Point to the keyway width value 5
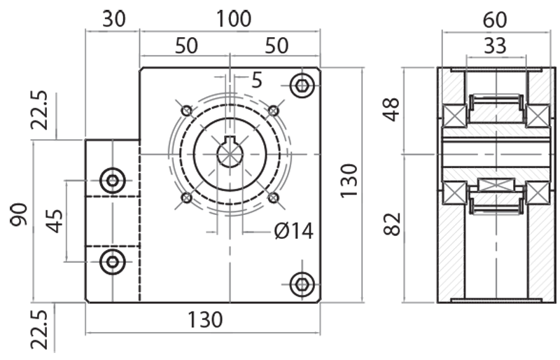point(256,81)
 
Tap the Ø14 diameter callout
point(294,230)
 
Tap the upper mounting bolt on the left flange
point(112,181)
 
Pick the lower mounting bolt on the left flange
point(112,262)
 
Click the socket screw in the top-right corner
point(302,86)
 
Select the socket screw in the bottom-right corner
point(302,284)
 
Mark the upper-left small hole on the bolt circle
point(186,111)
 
